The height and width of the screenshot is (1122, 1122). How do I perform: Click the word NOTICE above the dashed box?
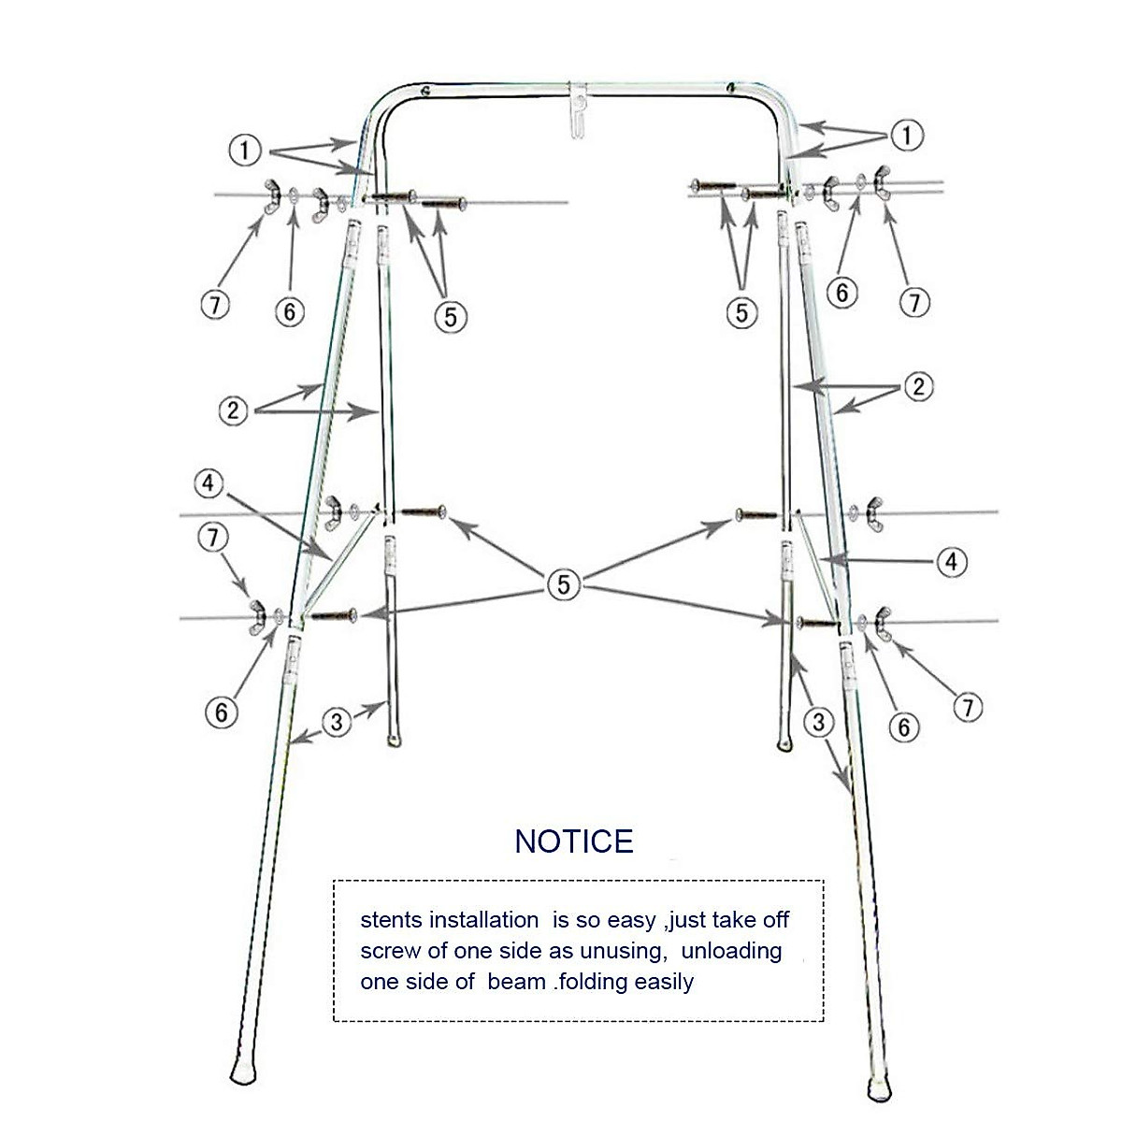point(574,841)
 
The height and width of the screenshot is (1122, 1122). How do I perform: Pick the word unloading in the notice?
point(732,952)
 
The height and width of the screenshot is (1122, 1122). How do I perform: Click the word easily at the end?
point(666,982)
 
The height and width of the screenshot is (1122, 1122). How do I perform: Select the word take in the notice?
point(737,920)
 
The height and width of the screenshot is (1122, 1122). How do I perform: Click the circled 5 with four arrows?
point(563,584)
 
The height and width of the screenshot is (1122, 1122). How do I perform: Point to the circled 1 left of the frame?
point(244,149)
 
